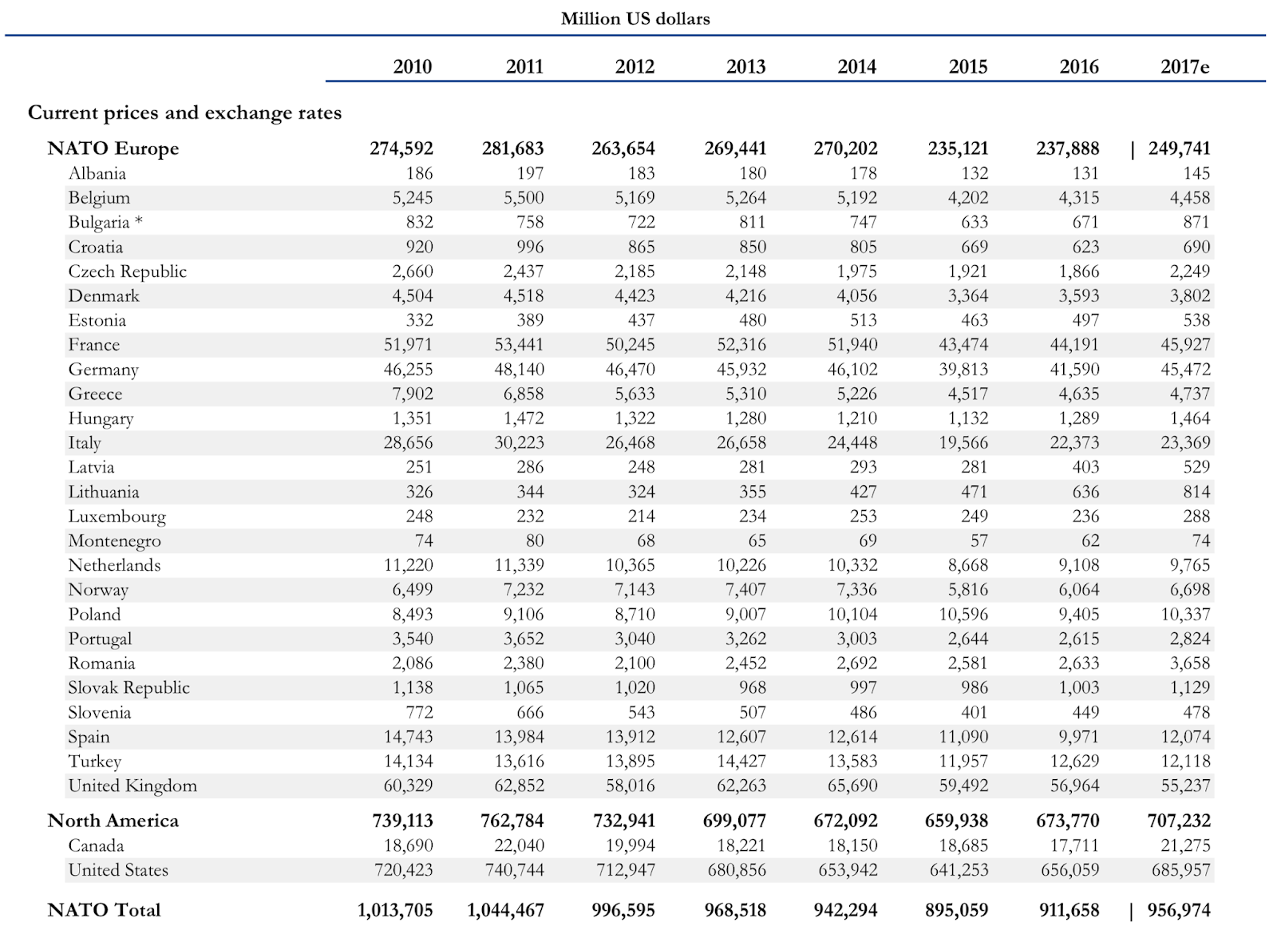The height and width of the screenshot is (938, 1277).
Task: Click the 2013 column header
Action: [745, 67]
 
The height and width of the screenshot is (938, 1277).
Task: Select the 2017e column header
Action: [1184, 67]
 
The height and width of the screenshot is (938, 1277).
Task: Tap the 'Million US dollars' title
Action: [635, 19]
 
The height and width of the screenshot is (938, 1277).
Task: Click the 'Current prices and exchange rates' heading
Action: [184, 113]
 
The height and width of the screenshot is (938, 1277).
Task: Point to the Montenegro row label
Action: [115, 540]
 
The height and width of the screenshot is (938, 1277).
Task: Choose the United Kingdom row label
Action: [132, 786]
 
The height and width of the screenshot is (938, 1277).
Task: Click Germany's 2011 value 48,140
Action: [520, 370]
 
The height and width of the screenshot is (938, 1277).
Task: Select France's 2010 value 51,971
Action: [408, 345]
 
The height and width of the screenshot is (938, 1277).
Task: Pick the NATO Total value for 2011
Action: [506, 910]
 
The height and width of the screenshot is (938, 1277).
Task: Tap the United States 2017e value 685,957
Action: [1181, 870]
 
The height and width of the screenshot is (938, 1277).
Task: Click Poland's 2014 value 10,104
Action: [853, 614]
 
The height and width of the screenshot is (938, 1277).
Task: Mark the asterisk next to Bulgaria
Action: [139, 220]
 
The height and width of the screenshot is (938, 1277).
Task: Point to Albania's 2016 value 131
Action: [1085, 173]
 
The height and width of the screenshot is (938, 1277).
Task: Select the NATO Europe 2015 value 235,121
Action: [958, 148]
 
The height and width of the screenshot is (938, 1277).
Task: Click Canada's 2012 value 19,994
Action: [631, 845]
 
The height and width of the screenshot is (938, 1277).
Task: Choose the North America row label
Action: [113, 821]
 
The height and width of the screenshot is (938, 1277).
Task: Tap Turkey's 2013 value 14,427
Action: [741, 762]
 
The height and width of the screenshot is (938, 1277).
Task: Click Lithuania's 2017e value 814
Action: [1196, 492]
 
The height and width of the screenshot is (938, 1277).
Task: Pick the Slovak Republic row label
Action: [128, 687]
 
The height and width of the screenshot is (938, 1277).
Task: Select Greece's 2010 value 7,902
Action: [413, 394]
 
